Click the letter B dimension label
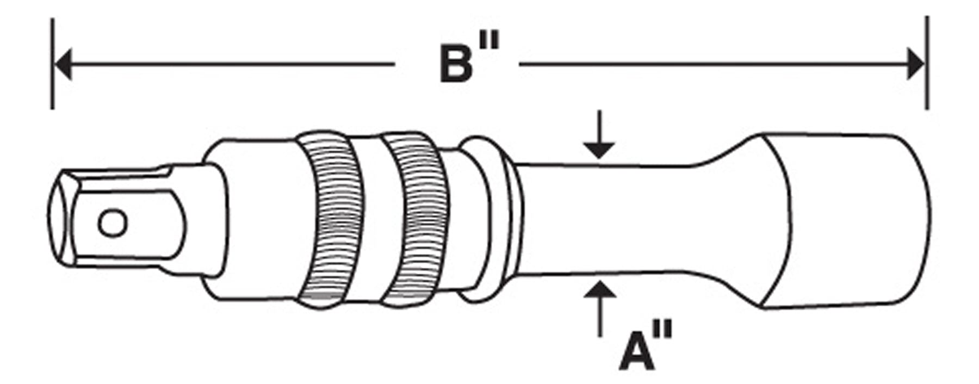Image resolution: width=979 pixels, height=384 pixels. click(456, 65)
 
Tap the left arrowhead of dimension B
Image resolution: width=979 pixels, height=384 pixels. click(63, 64)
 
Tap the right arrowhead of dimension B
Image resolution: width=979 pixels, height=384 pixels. click(916, 64)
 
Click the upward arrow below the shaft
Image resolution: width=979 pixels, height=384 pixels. click(599, 305)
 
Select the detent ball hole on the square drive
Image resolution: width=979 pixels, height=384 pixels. click(113, 223)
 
